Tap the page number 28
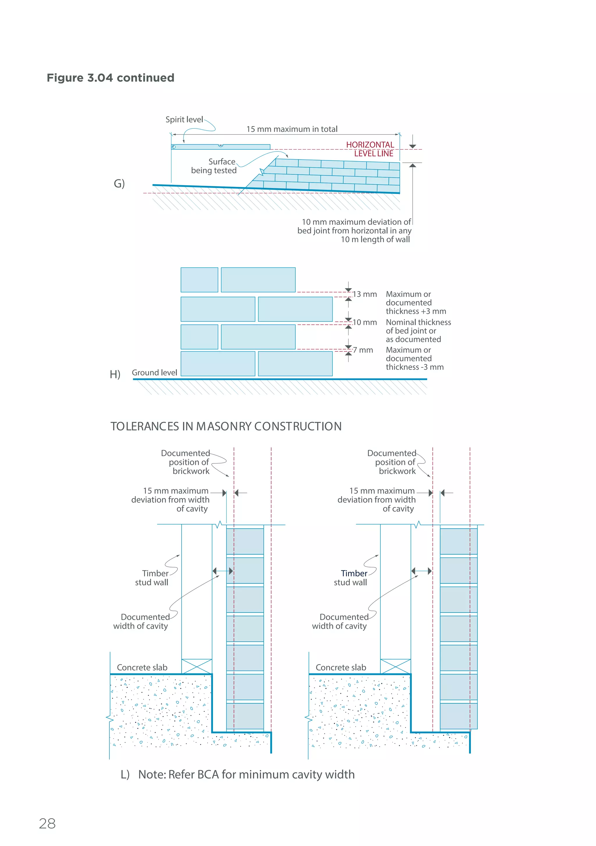coord(47,824)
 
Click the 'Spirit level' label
coord(184,119)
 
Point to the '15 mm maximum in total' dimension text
coord(292,129)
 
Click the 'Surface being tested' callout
coord(215,166)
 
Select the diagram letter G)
coord(119,183)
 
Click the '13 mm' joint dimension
coord(365,294)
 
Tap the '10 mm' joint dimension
coord(365,322)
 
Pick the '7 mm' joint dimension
coord(363,350)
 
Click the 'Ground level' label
coord(154,373)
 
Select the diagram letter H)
coord(115,374)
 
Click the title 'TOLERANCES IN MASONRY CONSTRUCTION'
coord(226,426)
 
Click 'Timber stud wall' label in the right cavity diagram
coord(351,578)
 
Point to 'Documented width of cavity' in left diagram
coord(142,621)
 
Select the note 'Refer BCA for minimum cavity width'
coord(246,774)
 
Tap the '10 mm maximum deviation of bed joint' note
coord(355,231)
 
